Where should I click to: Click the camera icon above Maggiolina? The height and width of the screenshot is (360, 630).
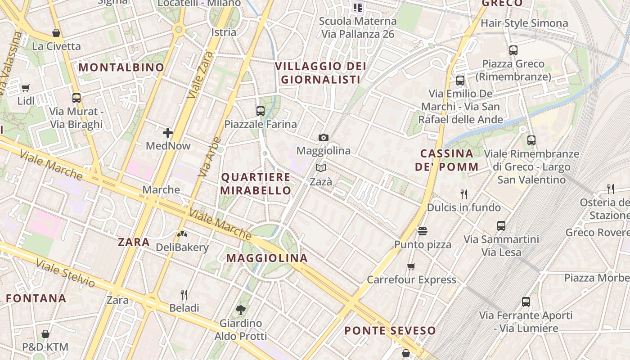(x=323, y=137)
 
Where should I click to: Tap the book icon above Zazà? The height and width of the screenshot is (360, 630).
(x=320, y=168)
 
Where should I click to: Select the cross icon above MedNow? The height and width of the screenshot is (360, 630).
(x=168, y=132)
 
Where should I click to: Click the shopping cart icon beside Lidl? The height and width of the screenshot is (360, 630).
(x=26, y=88)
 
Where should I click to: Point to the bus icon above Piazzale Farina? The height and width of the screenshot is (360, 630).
(x=260, y=111)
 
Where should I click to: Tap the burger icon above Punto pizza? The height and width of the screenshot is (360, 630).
(x=422, y=231)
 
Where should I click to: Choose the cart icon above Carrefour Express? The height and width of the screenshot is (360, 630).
(x=411, y=266)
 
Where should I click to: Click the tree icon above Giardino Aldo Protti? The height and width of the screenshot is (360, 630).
(x=240, y=310)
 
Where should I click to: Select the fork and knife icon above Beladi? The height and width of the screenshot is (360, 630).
(x=184, y=295)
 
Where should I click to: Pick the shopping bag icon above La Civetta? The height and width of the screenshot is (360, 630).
(x=56, y=33)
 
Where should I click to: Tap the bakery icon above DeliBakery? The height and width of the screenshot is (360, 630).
(x=182, y=234)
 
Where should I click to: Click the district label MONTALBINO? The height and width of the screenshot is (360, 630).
(x=121, y=67)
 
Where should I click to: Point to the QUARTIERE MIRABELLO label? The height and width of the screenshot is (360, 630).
(x=256, y=184)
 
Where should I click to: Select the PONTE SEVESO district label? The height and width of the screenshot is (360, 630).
(x=390, y=331)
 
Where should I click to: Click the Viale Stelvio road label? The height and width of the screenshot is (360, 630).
(x=66, y=273)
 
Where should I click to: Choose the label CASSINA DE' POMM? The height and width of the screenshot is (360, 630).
(x=446, y=160)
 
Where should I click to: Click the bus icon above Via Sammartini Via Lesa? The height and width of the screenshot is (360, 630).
(x=501, y=226)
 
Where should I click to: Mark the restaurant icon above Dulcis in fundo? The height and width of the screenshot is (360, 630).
(x=464, y=194)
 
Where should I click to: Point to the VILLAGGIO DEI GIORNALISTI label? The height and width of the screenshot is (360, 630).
(x=320, y=73)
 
